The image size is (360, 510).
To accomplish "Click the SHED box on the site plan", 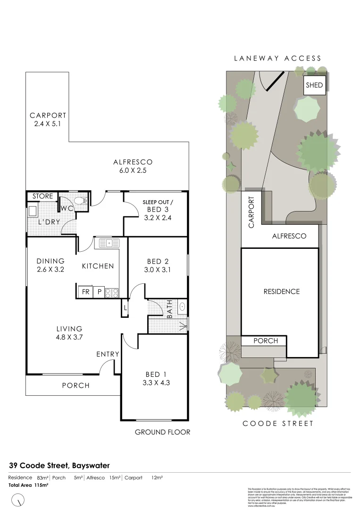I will point(314,85).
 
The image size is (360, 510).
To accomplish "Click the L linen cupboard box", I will point(125,308).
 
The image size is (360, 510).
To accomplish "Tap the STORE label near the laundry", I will point(42,196).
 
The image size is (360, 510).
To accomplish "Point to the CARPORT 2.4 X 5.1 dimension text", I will point(48,123).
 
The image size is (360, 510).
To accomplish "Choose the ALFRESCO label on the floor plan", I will point(133,162).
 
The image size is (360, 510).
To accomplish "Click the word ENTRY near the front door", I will point(108,354).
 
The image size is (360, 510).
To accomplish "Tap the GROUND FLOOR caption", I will point(162,432).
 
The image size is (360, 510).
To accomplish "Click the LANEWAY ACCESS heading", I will point(278,59).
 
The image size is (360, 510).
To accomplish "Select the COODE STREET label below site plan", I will point(278,424).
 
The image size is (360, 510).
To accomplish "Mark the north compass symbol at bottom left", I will point(18,499).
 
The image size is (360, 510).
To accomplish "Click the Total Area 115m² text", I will point(28,485).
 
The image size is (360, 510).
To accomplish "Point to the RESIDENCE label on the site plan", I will point(281,291).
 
